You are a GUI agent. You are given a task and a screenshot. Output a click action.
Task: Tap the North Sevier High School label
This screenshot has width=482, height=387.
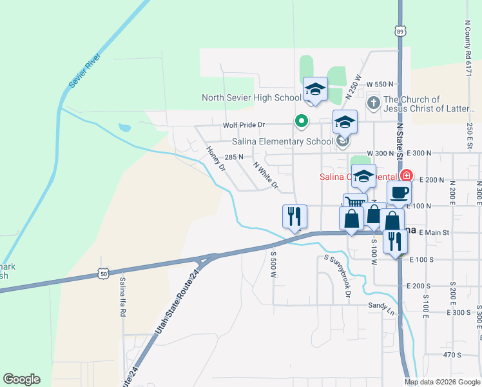pos(251,98)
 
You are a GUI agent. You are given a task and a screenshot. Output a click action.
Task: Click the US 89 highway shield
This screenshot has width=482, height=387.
pos(400,30)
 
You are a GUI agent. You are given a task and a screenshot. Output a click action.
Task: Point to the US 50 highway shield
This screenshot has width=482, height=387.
pos(104,274)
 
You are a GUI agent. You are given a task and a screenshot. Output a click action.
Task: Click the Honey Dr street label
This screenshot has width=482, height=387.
pos(216,158)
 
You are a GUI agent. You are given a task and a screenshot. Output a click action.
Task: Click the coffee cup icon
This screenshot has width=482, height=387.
pos(399,192)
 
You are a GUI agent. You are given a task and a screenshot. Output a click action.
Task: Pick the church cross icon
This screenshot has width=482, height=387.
pos(373,103)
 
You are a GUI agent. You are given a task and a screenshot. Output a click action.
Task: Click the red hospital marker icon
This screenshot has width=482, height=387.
pos(406,175)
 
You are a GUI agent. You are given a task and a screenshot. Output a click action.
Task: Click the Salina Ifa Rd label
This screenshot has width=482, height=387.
pos(122,297)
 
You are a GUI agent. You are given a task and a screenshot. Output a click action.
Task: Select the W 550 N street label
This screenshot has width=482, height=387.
pos(380,84)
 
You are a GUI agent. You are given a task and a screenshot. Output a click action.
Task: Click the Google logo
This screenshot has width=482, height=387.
pos(21,379)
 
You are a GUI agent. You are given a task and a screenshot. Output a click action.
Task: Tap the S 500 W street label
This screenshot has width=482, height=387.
pos(273,261)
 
